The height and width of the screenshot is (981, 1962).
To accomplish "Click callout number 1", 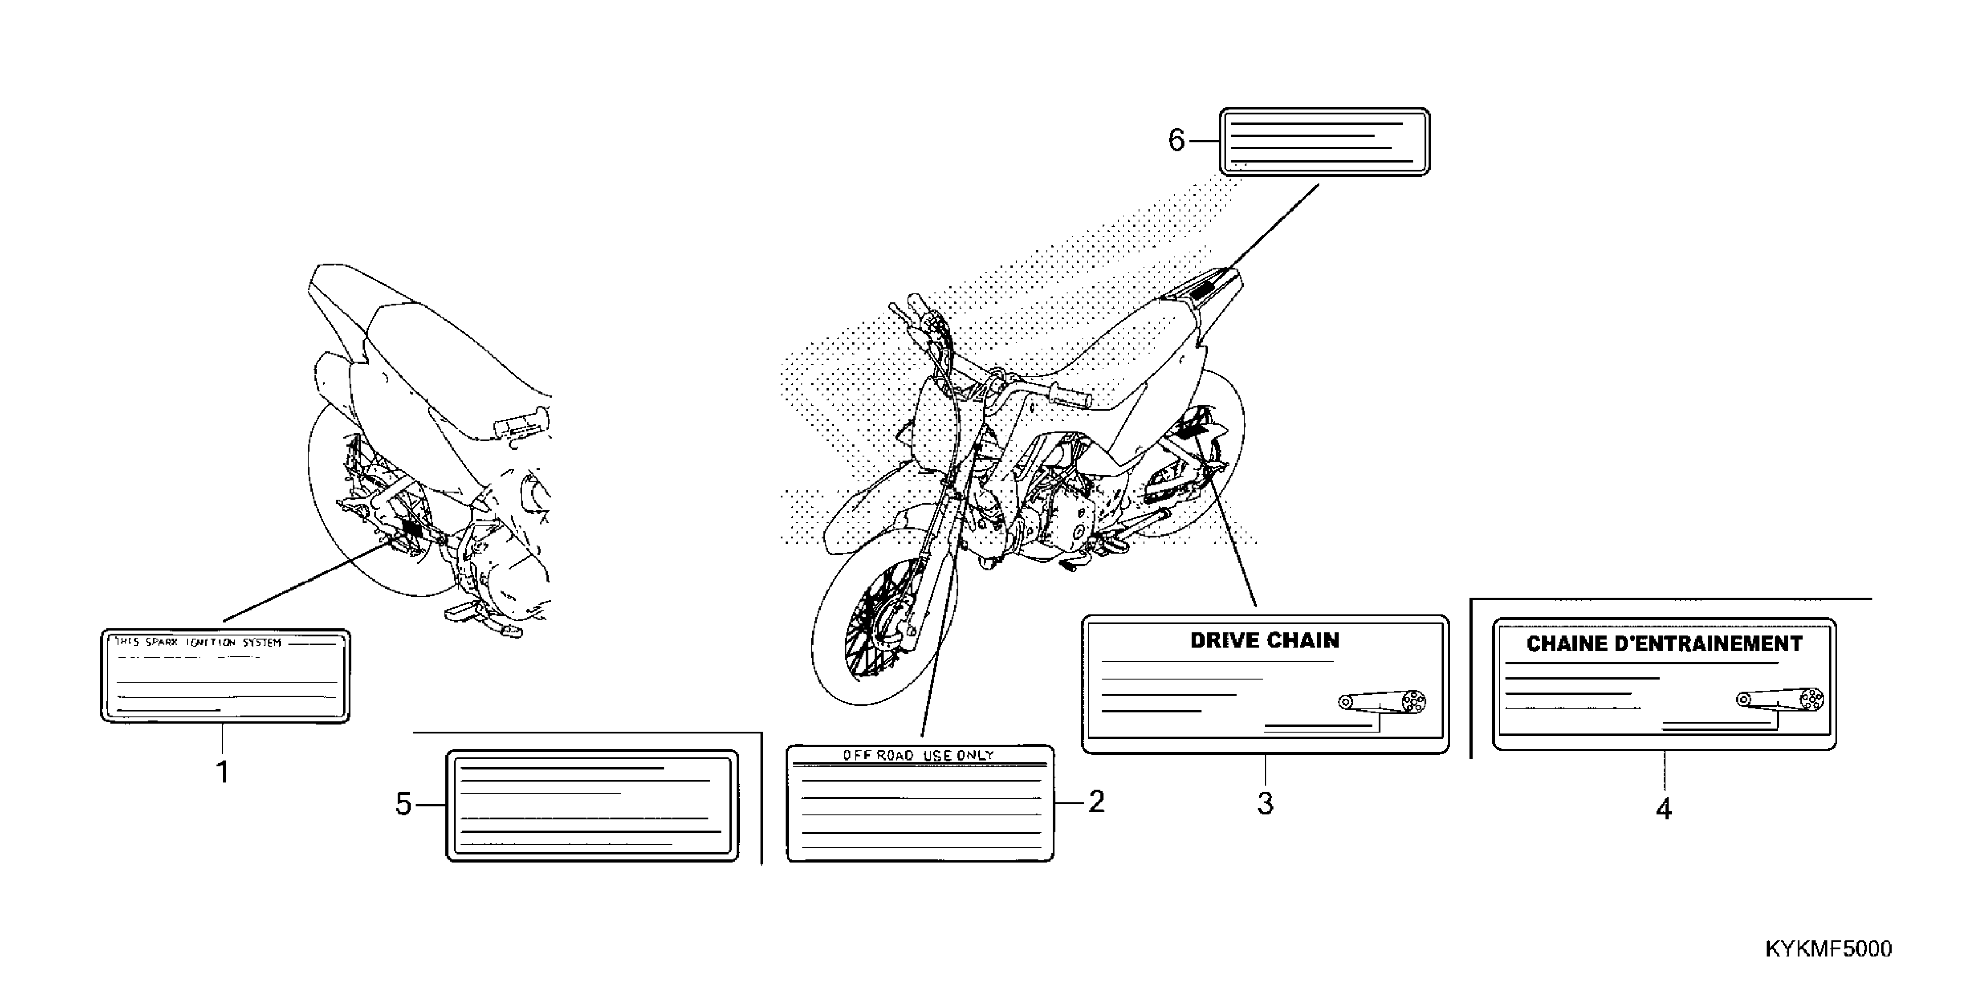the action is pyautogui.click(x=222, y=772).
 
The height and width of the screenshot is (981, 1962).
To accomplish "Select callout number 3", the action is pyautogui.click(x=1265, y=803).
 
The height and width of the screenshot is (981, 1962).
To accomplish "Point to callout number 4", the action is pyautogui.click(x=1664, y=809).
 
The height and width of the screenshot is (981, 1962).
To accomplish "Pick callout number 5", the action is pyautogui.click(x=403, y=804).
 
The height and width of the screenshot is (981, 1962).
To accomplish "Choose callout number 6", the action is pyautogui.click(x=1177, y=141).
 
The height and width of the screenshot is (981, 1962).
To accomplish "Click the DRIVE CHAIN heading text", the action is pyautogui.click(x=1264, y=641).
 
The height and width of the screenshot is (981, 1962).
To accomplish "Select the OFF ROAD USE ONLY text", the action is pyautogui.click(x=918, y=755).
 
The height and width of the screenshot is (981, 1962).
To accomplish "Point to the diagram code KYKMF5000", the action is pyautogui.click(x=1828, y=949).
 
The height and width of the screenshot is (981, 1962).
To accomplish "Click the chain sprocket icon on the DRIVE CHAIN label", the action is pyautogui.click(x=1383, y=701).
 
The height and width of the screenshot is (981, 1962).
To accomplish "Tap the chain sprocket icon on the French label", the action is pyautogui.click(x=1781, y=699).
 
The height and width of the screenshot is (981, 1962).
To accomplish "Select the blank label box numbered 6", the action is pyautogui.click(x=1324, y=141).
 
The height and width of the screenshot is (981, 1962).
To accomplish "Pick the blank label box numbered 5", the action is pyautogui.click(x=592, y=806).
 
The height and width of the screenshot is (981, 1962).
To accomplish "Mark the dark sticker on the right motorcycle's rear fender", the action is pyautogui.click(x=1208, y=290).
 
